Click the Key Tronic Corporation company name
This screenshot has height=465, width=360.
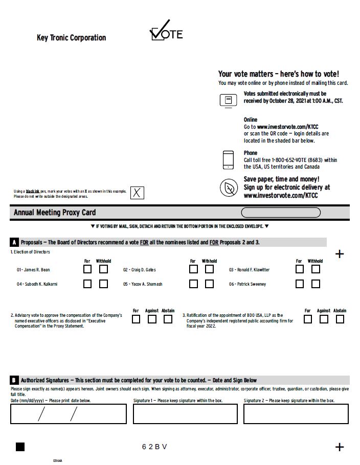click(x=71, y=38)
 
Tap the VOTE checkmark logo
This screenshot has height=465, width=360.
click(x=166, y=32)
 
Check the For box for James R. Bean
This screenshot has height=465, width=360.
click(x=88, y=269)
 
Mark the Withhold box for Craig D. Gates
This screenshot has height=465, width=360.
click(x=209, y=269)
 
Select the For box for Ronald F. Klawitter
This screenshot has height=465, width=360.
click(x=300, y=269)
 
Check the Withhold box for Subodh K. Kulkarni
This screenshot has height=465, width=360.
click(x=104, y=284)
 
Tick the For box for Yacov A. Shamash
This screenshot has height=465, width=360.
click(x=193, y=284)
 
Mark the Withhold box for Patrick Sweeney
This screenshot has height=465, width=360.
click(x=316, y=284)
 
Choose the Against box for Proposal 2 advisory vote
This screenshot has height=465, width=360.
click(x=152, y=319)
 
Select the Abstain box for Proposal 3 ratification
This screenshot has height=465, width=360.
click(x=340, y=319)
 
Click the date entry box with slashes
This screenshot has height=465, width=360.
click(x=68, y=414)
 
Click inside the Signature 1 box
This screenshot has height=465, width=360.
click(x=185, y=414)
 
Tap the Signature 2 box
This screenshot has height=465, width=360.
click(x=296, y=414)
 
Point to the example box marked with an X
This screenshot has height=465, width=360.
click(x=137, y=193)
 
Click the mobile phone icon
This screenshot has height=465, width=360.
click(x=228, y=160)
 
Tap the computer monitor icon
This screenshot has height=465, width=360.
click(x=228, y=100)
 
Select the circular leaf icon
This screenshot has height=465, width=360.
click(x=229, y=188)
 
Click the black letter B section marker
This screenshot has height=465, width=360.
click(x=14, y=380)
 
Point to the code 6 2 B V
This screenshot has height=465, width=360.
click(x=154, y=447)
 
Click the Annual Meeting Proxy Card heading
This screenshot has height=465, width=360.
click(x=55, y=213)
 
